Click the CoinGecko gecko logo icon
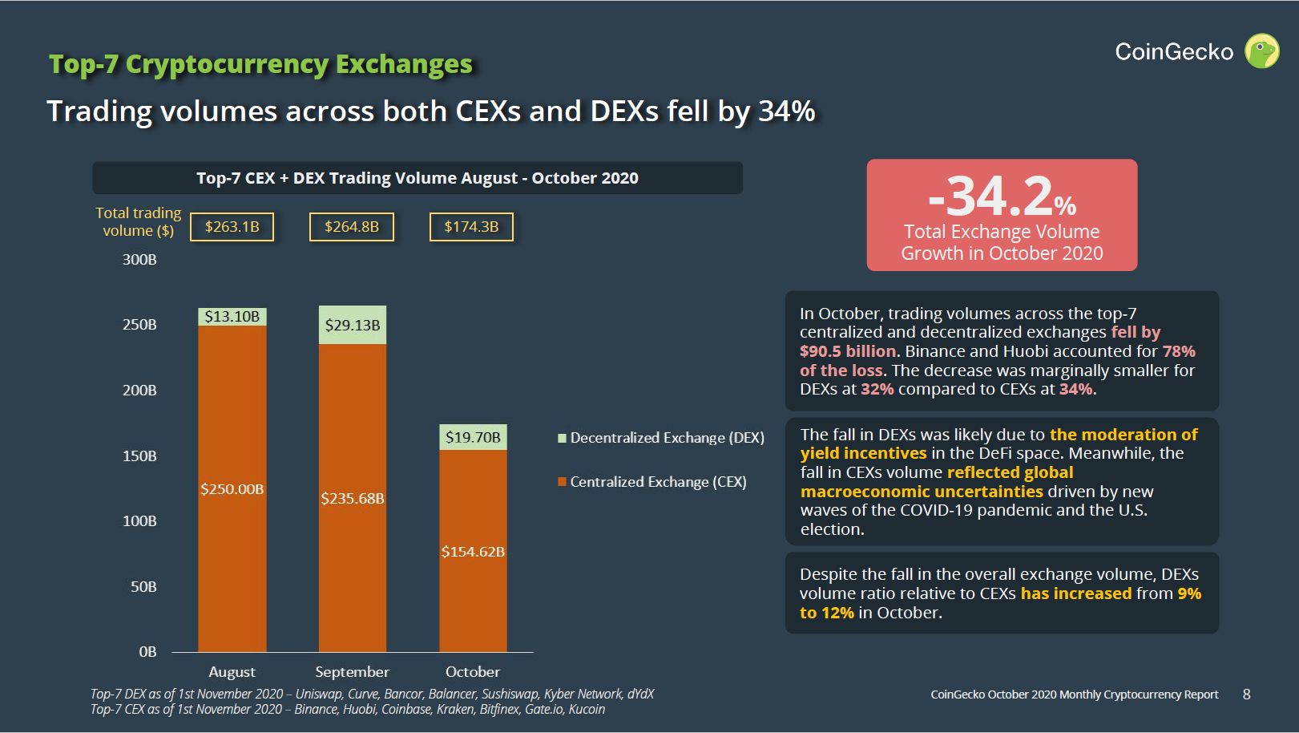point(1262,51)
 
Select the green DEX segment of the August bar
point(232,317)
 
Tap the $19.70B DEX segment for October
point(473,437)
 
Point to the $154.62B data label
point(473,552)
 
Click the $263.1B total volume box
point(232,227)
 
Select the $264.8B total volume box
point(352,227)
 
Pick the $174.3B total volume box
point(471,227)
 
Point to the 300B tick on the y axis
point(139,260)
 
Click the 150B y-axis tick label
point(139,456)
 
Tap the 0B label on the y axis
point(147,652)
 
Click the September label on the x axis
point(352,672)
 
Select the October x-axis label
point(473,672)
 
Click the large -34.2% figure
point(1002,196)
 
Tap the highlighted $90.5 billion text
point(848,351)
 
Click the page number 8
point(1246,695)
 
